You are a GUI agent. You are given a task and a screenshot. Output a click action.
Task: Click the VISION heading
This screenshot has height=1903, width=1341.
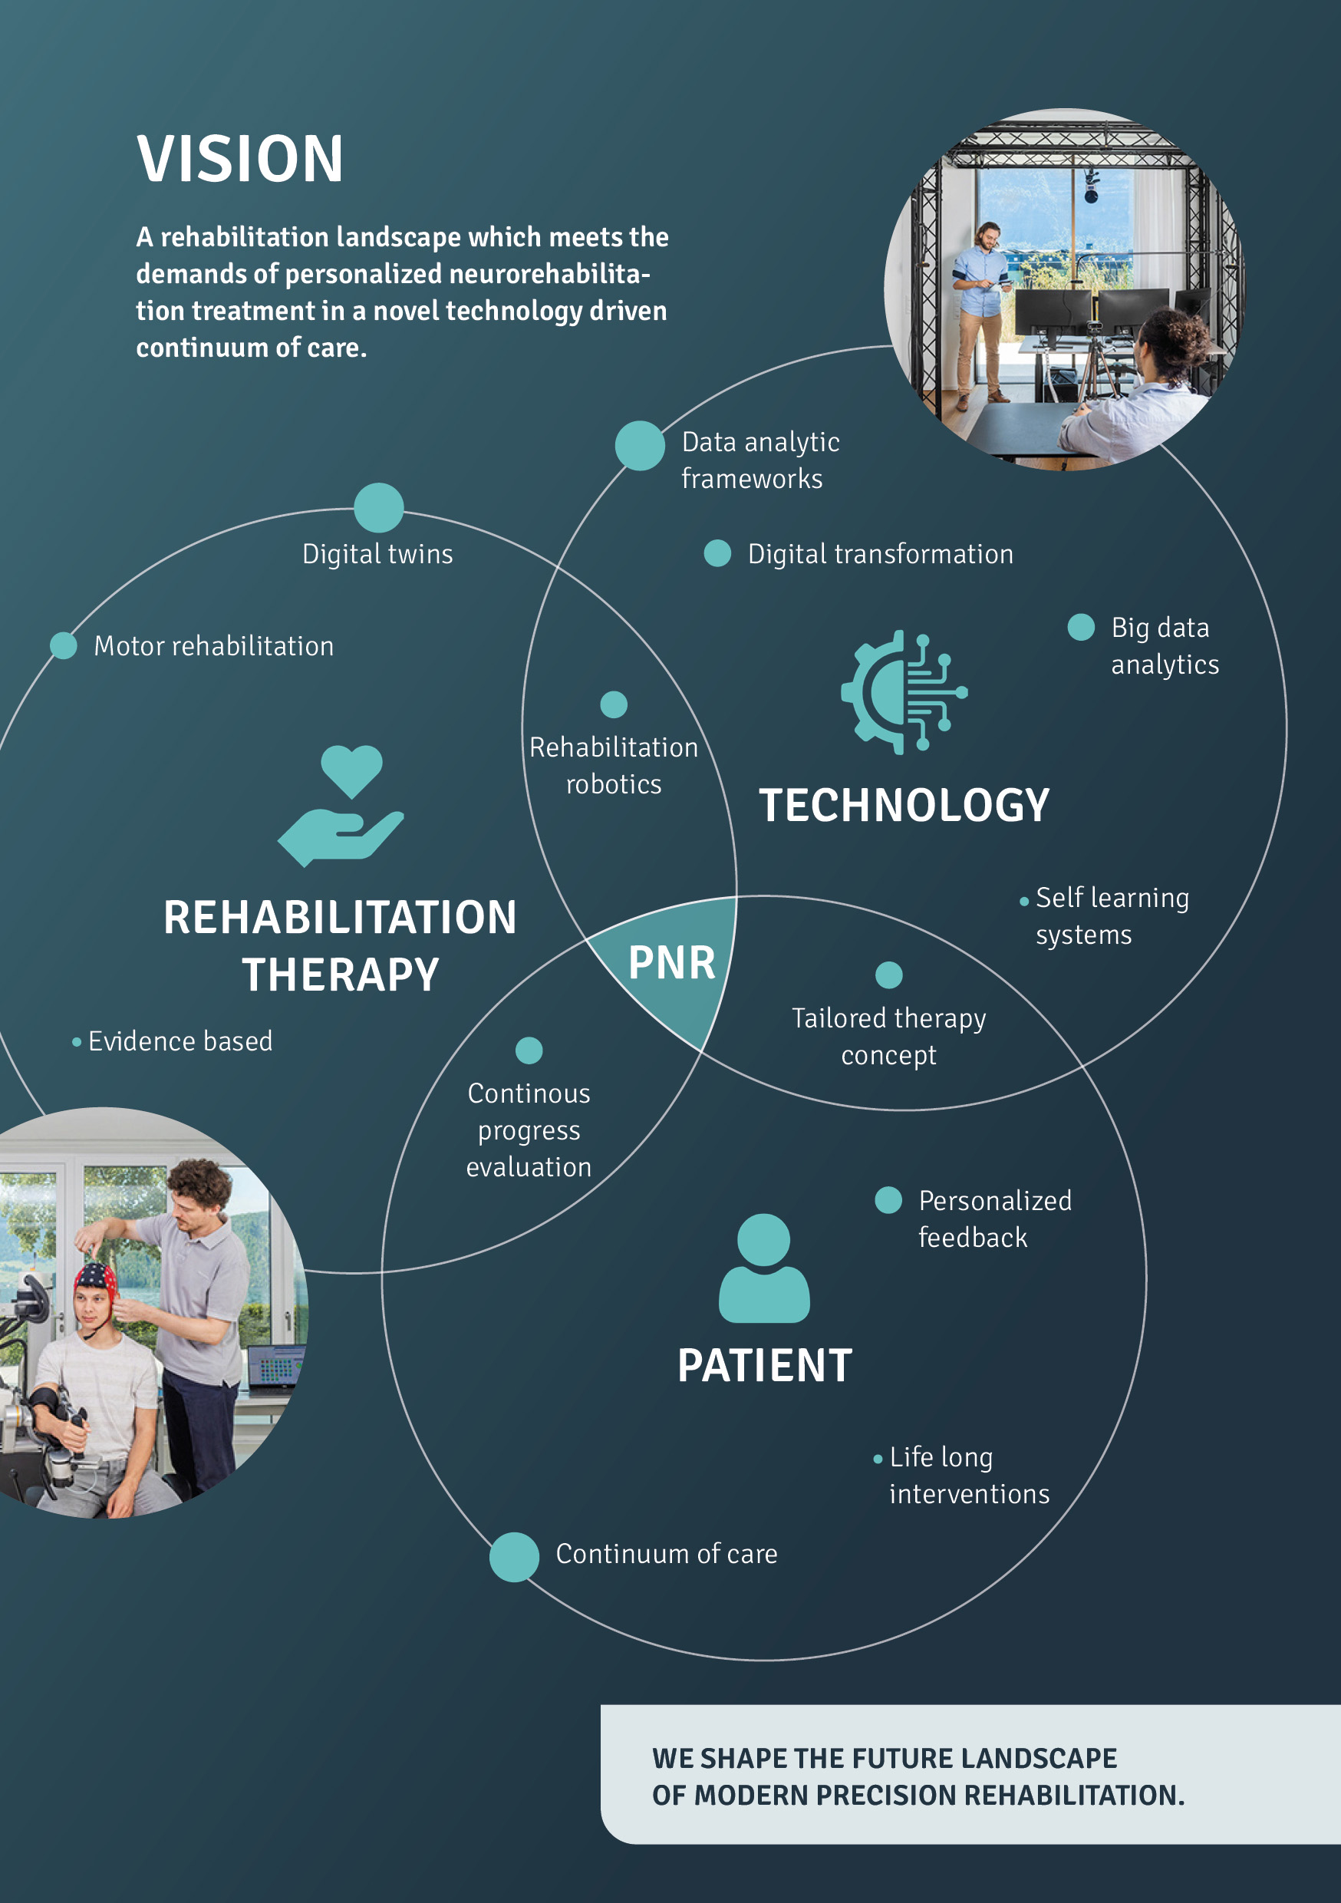coord(239,158)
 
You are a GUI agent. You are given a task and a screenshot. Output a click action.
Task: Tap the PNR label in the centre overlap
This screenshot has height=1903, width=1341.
coord(671,963)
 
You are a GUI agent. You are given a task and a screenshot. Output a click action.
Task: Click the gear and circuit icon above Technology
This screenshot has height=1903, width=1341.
coord(904,691)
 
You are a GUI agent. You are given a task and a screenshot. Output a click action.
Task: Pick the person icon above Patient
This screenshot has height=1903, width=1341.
coord(763,1268)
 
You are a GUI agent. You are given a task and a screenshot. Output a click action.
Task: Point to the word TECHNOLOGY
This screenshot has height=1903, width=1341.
coord(904,806)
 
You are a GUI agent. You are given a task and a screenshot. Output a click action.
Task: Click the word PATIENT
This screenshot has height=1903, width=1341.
coord(764,1366)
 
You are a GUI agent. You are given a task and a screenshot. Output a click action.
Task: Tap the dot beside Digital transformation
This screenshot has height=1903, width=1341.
coord(717,552)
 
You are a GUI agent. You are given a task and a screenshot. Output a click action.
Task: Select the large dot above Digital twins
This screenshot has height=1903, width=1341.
coord(379,507)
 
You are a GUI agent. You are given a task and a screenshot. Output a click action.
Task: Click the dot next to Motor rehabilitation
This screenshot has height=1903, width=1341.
coord(63,645)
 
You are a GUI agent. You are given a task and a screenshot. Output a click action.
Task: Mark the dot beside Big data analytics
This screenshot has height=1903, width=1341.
coord(1081,627)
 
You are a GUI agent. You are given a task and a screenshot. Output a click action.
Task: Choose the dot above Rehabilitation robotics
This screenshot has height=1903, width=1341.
coord(613,704)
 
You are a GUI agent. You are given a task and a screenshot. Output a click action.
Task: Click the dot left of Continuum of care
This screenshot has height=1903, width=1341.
coord(514,1557)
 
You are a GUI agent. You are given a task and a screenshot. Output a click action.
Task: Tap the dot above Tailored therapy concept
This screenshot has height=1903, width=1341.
coord(888,975)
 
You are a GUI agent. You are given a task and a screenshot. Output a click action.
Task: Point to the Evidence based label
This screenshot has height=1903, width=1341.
coord(180,1041)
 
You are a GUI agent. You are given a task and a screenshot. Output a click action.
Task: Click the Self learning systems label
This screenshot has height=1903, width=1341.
coord(1112,916)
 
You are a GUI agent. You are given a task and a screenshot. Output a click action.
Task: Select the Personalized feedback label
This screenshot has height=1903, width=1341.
coord(994,1219)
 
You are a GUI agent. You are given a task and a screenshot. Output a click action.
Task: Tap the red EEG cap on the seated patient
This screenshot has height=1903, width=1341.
coord(96,1278)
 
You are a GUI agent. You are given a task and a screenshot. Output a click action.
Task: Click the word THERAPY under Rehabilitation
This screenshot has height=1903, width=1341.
coord(341,975)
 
